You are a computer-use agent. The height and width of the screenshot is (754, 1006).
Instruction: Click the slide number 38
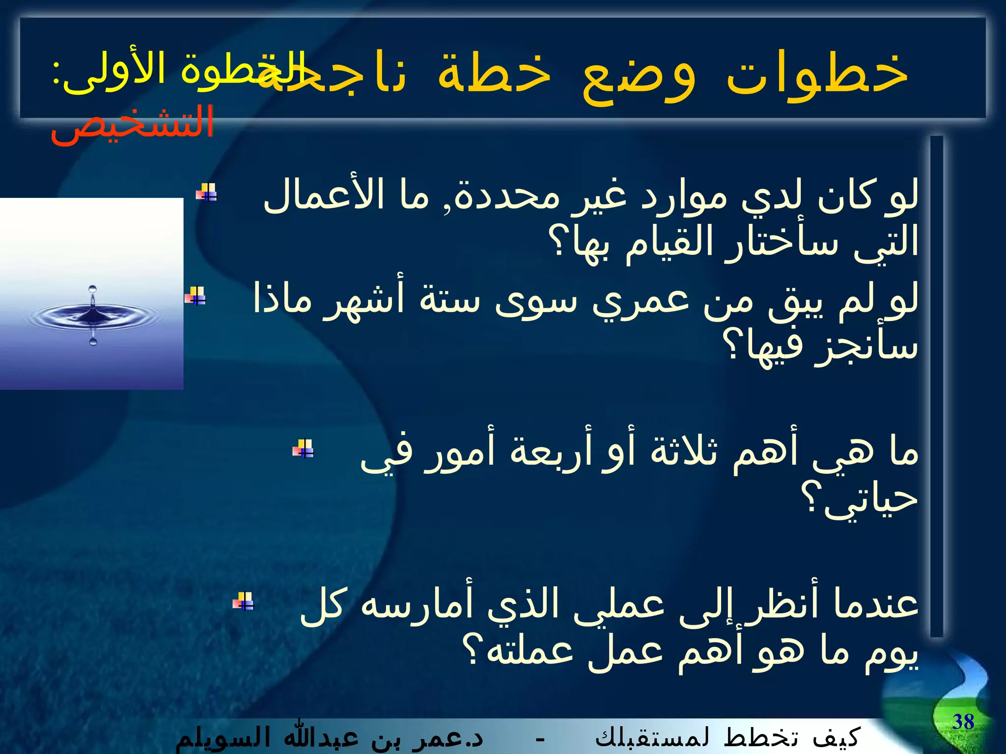point(963,722)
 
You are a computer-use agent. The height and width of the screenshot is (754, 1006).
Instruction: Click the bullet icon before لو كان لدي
point(206,192)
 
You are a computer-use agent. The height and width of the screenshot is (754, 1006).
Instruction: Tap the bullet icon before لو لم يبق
point(196,296)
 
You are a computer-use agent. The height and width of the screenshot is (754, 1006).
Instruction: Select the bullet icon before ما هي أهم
point(303,448)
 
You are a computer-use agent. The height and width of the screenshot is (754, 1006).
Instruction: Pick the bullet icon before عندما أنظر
point(243,601)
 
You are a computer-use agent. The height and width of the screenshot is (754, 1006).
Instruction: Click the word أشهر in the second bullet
point(363,299)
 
